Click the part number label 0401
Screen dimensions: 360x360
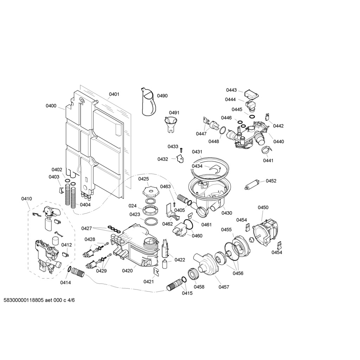point(114,94)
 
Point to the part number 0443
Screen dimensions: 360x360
point(231,90)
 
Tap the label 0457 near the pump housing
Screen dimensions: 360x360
point(224,287)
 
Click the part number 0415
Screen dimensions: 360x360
point(187,293)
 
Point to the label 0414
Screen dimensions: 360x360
point(65,283)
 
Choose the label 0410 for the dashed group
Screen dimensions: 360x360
point(27,199)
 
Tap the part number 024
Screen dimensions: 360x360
point(133,206)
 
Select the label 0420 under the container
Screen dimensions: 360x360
point(127,271)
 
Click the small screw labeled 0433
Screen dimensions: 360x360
point(181,149)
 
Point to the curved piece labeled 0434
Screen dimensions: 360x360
point(214,169)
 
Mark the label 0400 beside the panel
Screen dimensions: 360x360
point(51,105)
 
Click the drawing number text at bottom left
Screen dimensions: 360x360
point(39,300)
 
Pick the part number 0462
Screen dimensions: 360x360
point(167,224)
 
